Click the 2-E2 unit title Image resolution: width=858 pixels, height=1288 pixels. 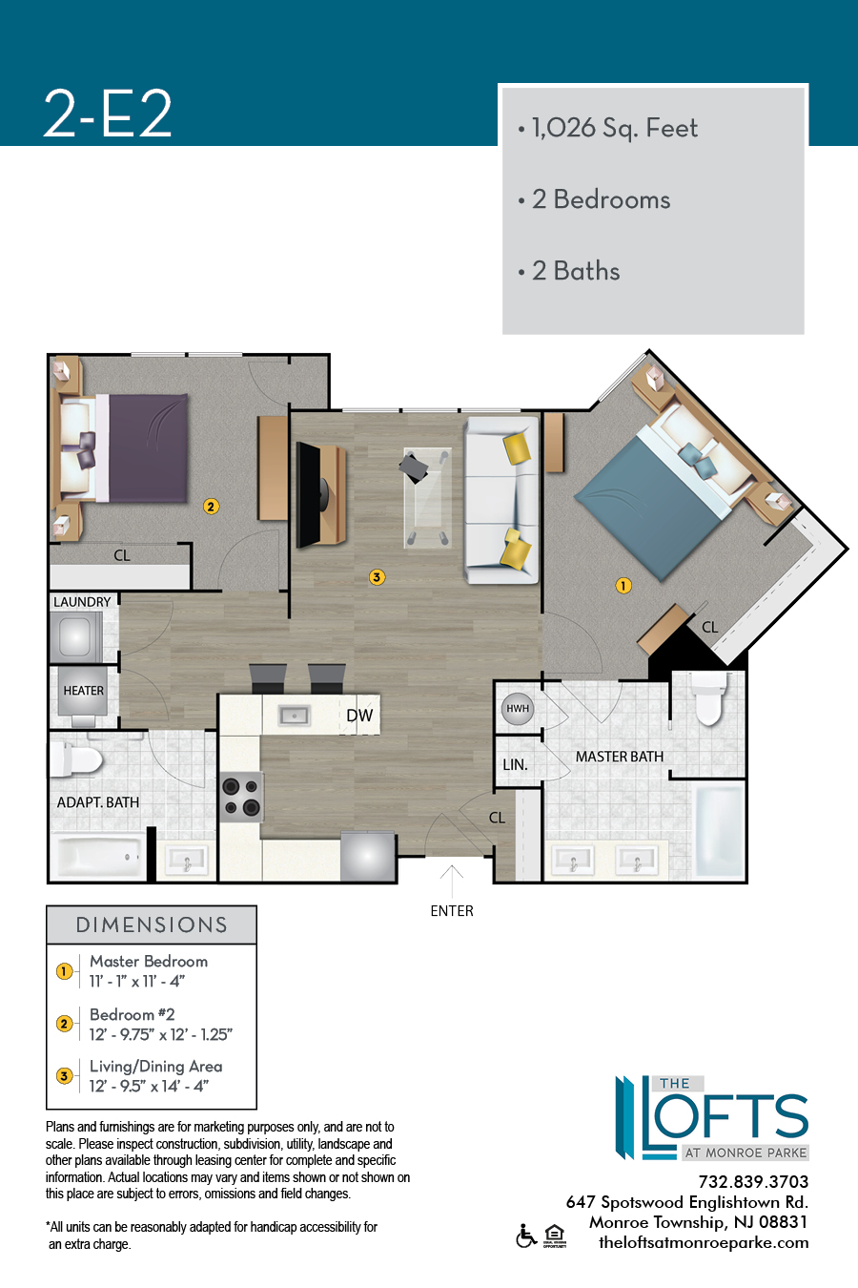108,114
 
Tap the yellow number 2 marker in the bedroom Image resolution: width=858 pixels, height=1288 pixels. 211,507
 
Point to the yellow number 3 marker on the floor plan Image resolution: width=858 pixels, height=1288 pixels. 377,576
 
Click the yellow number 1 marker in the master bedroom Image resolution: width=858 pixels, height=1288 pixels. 623,586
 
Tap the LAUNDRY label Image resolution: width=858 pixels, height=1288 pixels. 82,602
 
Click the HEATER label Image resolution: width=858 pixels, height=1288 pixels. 83,691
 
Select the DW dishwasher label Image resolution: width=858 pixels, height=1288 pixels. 359,716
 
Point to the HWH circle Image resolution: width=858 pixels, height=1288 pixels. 518,708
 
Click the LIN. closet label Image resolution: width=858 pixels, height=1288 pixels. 515,765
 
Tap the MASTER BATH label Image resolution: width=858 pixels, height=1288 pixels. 620,757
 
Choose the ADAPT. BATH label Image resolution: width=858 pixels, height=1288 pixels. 97,802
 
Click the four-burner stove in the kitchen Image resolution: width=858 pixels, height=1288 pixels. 241,797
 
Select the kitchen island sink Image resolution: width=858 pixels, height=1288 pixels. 295,716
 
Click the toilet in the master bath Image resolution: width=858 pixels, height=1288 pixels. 708,698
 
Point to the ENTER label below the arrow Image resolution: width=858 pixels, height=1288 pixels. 452,911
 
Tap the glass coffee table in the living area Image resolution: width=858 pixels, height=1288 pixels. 427,498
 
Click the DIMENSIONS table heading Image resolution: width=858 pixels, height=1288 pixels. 152,925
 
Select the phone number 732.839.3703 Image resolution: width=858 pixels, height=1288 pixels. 753,1182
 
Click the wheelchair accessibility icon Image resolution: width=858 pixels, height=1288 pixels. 526,1236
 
